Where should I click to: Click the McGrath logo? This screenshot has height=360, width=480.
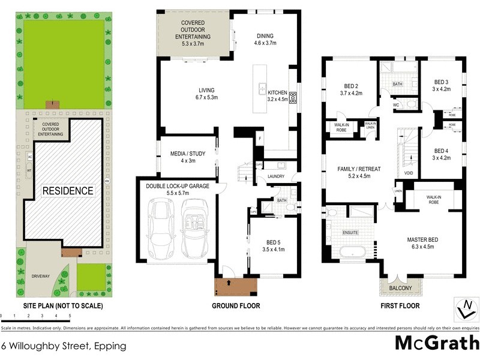coord(436,344)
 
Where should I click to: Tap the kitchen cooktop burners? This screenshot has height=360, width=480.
coord(292,98)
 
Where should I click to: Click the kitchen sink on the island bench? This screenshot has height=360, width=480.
coord(263,90)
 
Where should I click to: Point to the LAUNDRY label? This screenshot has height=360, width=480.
coord(276,177)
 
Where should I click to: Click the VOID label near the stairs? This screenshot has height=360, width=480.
coord(409,173)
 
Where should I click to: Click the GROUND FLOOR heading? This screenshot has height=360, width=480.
coord(236,305)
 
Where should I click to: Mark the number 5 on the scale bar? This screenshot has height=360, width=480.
coord(70,315)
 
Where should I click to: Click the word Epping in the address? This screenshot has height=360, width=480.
coord(110,346)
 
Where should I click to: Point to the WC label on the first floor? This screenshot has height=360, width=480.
coord(395,104)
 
